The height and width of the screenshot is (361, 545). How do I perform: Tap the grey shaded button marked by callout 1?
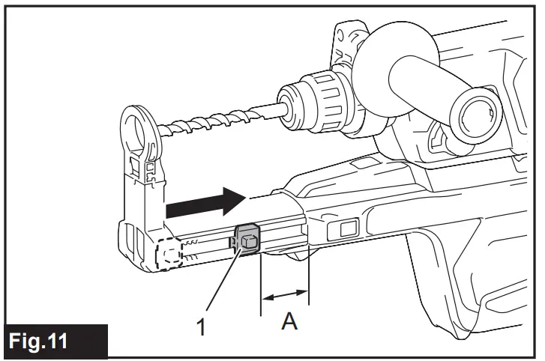248,240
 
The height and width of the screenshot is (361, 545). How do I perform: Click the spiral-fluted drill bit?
217,121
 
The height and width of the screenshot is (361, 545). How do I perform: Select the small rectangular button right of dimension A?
349,228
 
